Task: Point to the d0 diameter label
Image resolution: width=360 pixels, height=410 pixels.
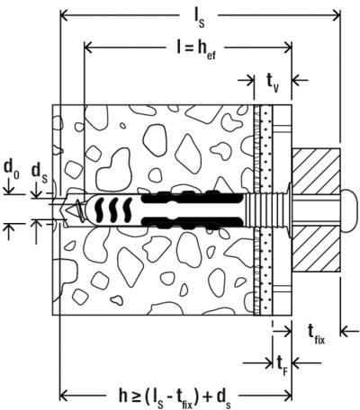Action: [x=11, y=166]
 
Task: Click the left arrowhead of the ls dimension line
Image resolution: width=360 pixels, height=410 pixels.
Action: [x=64, y=14]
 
